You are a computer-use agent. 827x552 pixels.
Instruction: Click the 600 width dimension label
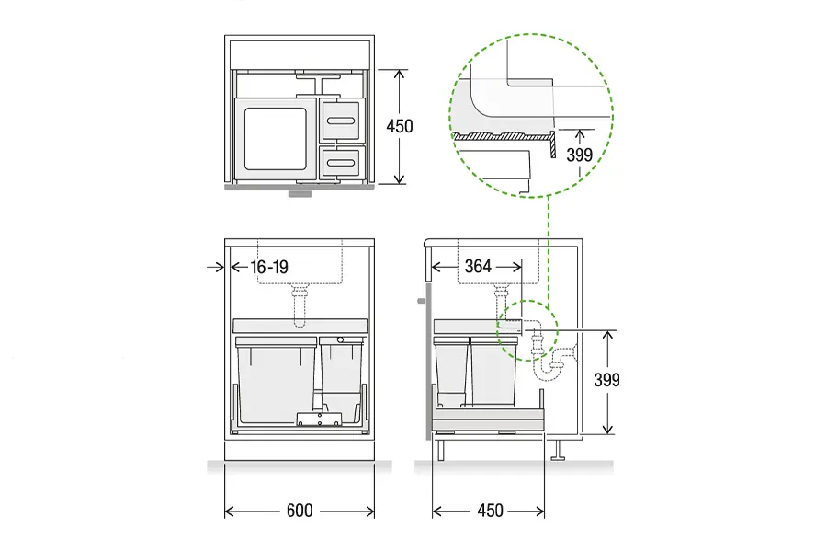(300, 511)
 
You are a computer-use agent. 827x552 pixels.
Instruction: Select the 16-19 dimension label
(269, 267)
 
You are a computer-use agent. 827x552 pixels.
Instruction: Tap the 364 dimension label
(478, 266)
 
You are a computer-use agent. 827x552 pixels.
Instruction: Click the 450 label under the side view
(490, 511)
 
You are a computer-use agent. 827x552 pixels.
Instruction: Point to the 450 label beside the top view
(400, 126)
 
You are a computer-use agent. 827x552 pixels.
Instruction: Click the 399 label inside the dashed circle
(580, 155)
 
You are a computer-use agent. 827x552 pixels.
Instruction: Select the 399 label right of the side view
(606, 380)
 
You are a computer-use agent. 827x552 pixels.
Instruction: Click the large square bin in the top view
(275, 139)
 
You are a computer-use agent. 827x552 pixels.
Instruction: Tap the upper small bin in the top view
(343, 121)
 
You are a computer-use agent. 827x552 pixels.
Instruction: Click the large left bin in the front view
(277, 379)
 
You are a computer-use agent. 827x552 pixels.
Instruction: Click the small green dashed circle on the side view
(527, 330)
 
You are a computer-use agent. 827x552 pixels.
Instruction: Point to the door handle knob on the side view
(421, 301)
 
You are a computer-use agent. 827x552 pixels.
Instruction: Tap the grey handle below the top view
(300, 193)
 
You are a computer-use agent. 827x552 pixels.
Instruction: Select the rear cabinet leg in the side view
(558, 450)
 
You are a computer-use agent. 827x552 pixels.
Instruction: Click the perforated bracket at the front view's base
(320, 419)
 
